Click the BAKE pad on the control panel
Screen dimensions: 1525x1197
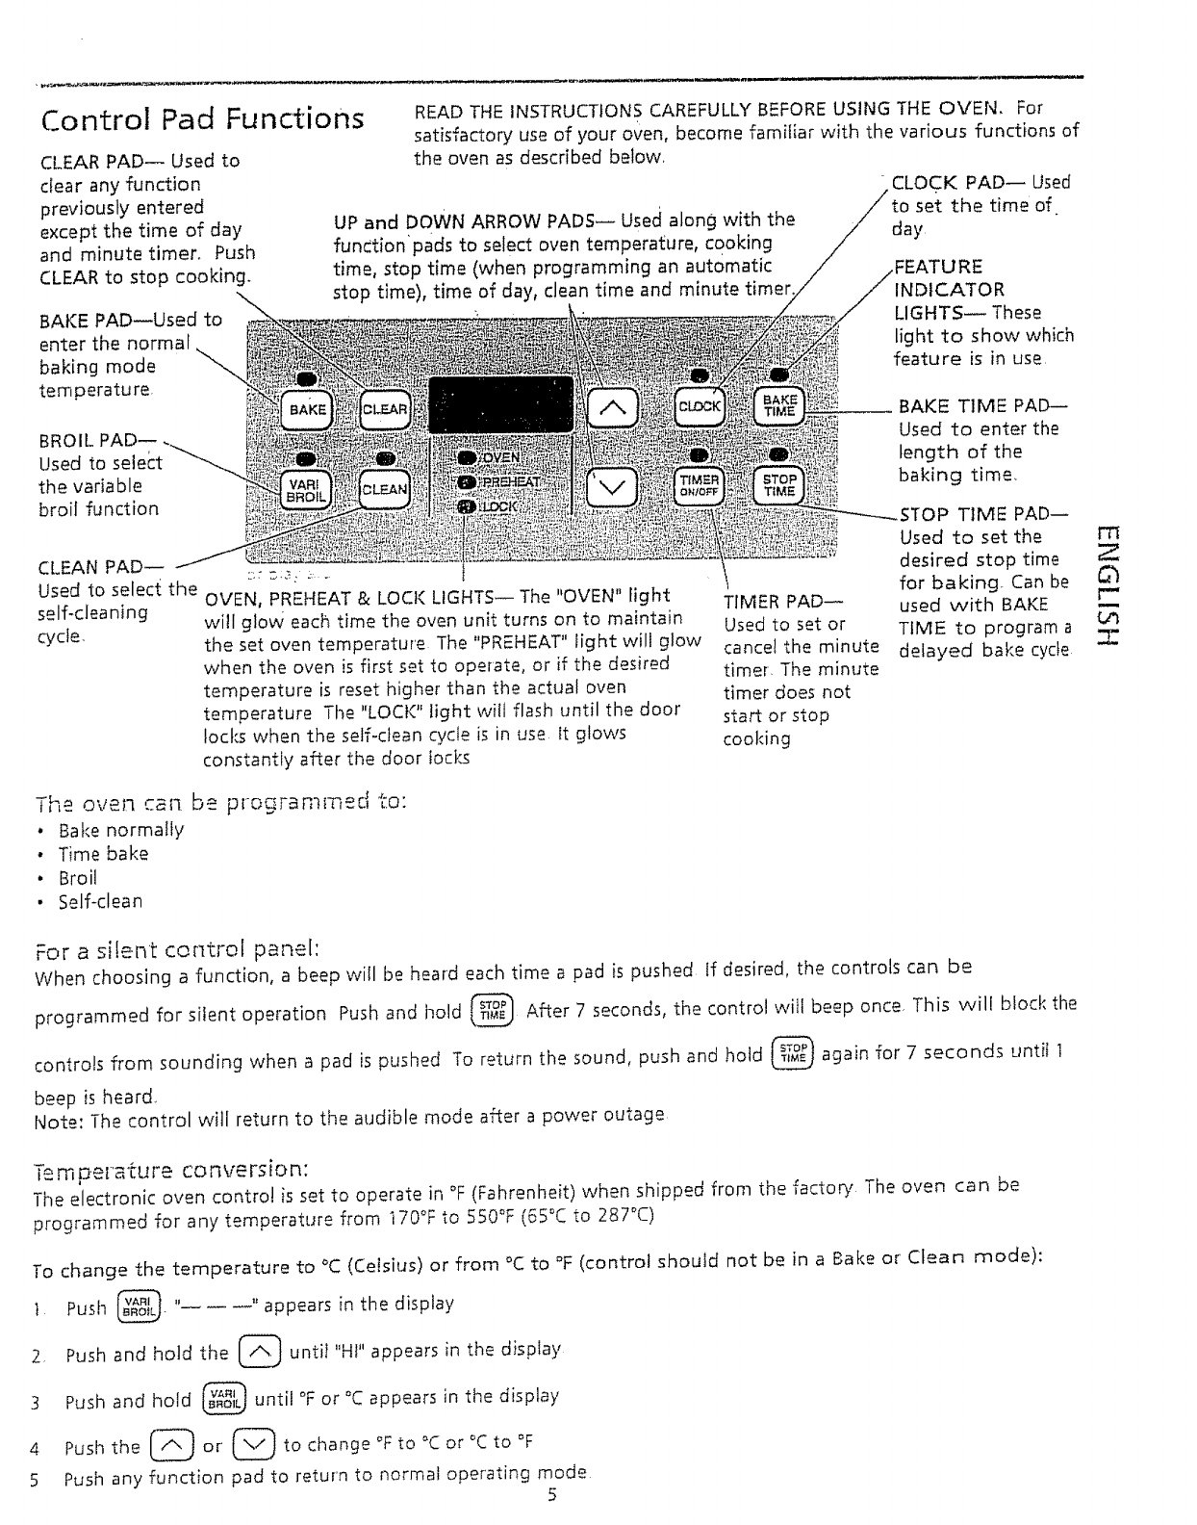(306, 409)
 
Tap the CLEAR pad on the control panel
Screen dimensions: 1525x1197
(385, 409)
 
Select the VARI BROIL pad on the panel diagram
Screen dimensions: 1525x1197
(306, 489)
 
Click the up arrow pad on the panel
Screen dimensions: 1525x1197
(612, 408)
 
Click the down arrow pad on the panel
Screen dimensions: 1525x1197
(612, 489)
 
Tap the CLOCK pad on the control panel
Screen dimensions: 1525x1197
(700, 406)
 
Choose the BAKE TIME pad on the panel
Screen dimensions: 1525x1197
(779, 405)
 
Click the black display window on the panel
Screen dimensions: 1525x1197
(500, 404)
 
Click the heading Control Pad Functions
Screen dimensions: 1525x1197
(203, 119)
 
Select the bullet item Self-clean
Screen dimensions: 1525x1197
(100, 902)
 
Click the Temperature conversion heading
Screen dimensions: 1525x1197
(171, 1170)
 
